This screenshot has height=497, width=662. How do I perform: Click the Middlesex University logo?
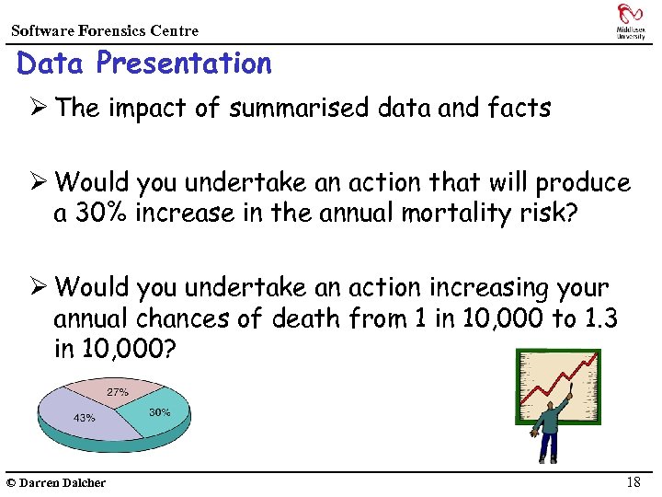630,20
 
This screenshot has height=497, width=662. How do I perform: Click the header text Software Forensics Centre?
104,30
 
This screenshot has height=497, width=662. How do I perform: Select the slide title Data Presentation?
144,64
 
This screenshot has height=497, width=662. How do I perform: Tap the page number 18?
633,482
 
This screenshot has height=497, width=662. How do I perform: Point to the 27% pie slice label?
118,392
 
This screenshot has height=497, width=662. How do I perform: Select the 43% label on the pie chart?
84,417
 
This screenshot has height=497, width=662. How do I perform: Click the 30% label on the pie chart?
159,412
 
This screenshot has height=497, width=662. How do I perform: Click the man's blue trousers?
548,445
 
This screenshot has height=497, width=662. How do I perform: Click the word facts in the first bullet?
519,109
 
